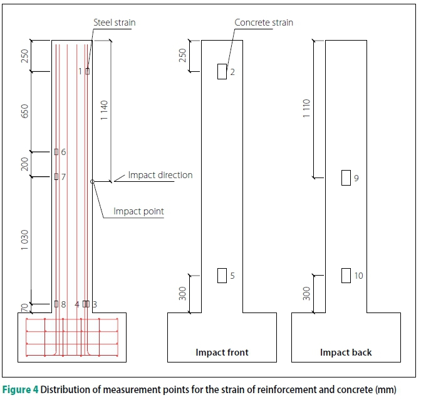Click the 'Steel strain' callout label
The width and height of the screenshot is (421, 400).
(114, 23)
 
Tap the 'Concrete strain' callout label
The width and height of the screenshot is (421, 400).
(263, 23)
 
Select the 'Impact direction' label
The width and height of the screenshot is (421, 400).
(160, 175)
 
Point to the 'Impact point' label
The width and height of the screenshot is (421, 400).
(138, 211)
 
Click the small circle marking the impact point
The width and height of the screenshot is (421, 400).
(92, 182)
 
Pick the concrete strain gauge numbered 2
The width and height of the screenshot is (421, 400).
(222, 71)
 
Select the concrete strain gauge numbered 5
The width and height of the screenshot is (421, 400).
(222, 275)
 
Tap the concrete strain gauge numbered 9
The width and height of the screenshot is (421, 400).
(346, 178)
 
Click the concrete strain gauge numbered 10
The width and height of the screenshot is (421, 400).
(346, 275)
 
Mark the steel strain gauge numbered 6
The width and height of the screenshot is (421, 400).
(56, 152)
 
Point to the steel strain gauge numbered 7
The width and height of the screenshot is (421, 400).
(56, 177)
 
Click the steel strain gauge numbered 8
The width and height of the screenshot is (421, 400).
(56, 304)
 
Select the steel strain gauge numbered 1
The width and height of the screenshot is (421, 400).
(88, 71)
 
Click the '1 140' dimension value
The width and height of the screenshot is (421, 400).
(105, 110)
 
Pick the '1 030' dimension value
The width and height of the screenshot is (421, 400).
(24, 240)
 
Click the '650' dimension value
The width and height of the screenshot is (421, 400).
(24, 111)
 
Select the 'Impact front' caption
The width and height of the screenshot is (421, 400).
(222, 352)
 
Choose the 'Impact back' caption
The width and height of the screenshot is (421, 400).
(345, 352)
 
